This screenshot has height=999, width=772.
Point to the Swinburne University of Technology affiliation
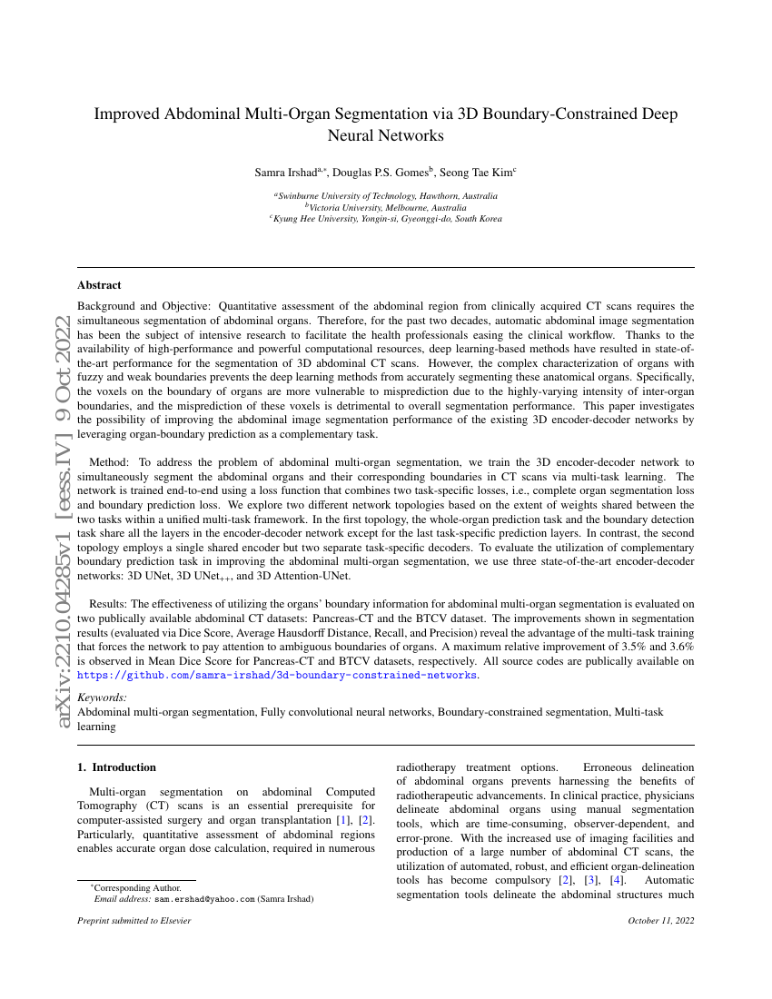pyautogui.click(x=387, y=195)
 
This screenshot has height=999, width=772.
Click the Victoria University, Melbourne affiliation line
pyautogui.click(x=386, y=207)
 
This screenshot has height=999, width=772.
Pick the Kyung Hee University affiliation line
pyautogui.click(x=386, y=219)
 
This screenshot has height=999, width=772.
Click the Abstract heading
pyautogui.click(x=99, y=285)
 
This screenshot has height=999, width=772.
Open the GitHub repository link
pyautogui.click(x=277, y=676)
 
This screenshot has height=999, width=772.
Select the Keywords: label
pyautogui.click(x=102, y=697)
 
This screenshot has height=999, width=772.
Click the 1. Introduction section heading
pyautogui.click(x=117, y=767)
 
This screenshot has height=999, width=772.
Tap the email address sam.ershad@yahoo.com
pyautogui.click(x=204, y=899)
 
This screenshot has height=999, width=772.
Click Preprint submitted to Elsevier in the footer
pyautogui.click(x=134, y=921)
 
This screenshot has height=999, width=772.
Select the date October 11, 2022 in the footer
pyautogui.click(x=660, y=921)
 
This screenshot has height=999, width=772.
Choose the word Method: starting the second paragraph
pyautogui.click(x=109, y=462)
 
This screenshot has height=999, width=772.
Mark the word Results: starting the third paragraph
pyautogui.click(x=109, y=603)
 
